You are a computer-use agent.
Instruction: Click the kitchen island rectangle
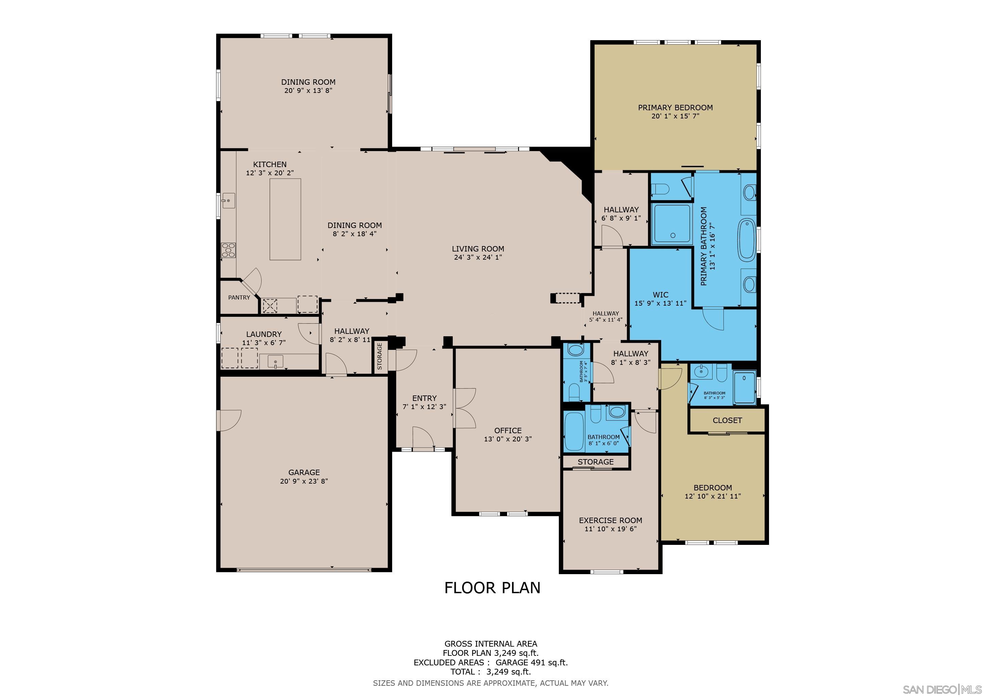(x=285, y=219)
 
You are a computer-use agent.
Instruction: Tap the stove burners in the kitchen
(x=228, y=250)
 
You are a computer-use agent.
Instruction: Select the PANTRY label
(x=239, y=297)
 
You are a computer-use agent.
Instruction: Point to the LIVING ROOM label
(x=478, y=249)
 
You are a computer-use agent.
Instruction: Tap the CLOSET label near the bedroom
(x=727, y=421)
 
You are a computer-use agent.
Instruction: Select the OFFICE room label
(x=508, y=431)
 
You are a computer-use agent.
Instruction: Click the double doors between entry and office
(x=464, y=408)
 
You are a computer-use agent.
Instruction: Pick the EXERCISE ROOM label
(x=611, y=520)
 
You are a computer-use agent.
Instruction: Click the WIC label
(x=660, y=295)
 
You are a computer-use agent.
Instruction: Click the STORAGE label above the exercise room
(x=596, y=462)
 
